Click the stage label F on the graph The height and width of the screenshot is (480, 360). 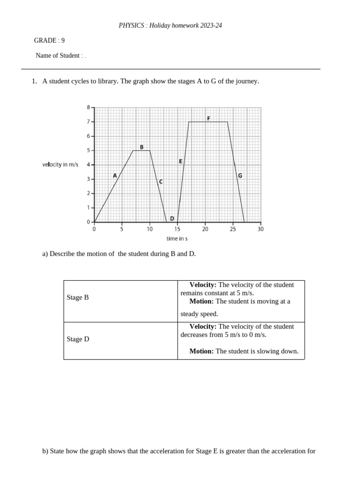coord(209,118)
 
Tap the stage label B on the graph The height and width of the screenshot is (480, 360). coord(142,147)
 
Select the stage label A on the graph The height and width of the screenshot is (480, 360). coord(115,176)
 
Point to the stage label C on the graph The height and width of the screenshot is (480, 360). coord(161,181)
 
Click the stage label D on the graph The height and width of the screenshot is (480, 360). coord(172,218)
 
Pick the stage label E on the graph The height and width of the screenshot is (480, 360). coord(180,161)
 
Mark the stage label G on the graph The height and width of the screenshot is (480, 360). coord(240,176)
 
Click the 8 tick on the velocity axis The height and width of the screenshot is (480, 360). coord(88,107)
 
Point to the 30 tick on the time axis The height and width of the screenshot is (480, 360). coord(261,229)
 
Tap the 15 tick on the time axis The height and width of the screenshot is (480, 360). coord(177,229)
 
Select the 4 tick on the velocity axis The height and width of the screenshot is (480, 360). coord(88,165)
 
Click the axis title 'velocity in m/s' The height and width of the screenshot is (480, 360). coord(60,165)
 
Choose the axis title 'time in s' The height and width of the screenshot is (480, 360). coord(177,239)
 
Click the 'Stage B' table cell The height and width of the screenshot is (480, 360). coord(78,298)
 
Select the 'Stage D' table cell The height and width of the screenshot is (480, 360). coord(78,339)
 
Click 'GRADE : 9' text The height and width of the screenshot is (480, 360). coord(49,40)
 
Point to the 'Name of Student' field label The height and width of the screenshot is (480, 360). coord(58,55)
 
